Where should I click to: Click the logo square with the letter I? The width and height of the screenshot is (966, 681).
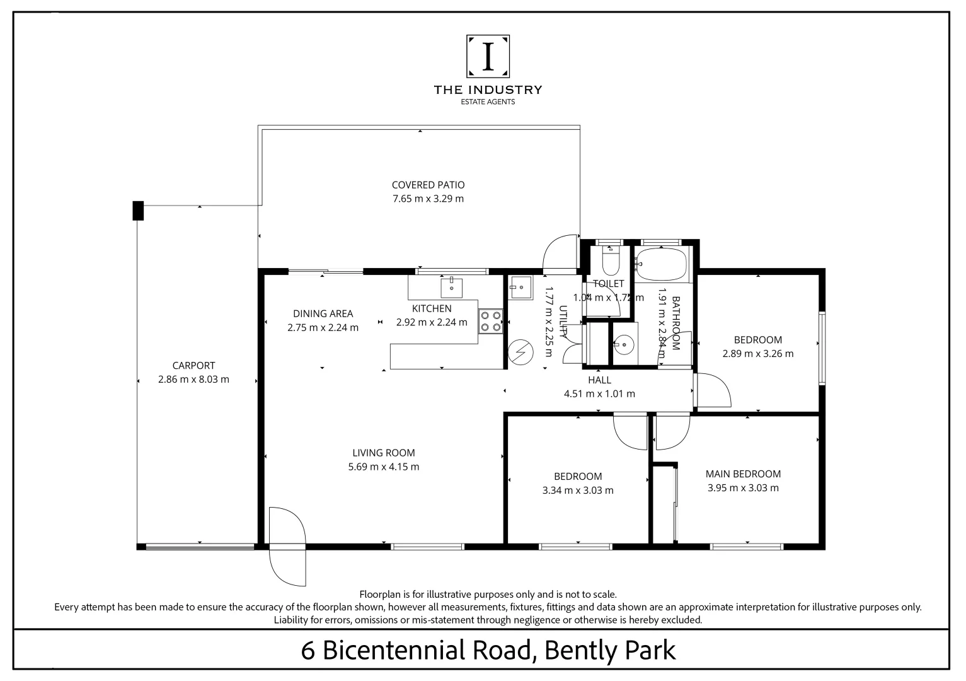488,56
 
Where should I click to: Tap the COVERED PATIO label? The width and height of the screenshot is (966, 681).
428,185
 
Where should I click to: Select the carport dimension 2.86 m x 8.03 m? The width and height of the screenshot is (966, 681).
193,380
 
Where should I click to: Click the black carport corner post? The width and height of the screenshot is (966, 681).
138,210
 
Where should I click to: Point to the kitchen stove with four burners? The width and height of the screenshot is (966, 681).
490,320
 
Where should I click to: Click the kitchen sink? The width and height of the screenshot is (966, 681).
452,288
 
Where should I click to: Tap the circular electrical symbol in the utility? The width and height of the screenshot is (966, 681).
520,352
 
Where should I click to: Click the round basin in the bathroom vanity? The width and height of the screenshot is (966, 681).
624,344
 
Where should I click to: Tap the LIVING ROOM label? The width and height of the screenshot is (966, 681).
383,453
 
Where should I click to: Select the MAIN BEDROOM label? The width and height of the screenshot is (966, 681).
743,474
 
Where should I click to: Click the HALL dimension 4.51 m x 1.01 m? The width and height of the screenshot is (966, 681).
599,394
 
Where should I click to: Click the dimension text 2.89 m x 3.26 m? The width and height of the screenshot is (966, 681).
757,354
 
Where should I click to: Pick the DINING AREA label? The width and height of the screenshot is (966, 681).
323,313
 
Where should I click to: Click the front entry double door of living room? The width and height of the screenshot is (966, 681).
287,546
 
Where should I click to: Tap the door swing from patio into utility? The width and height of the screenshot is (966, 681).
560,253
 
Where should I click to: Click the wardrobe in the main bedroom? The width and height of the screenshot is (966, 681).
664,504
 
